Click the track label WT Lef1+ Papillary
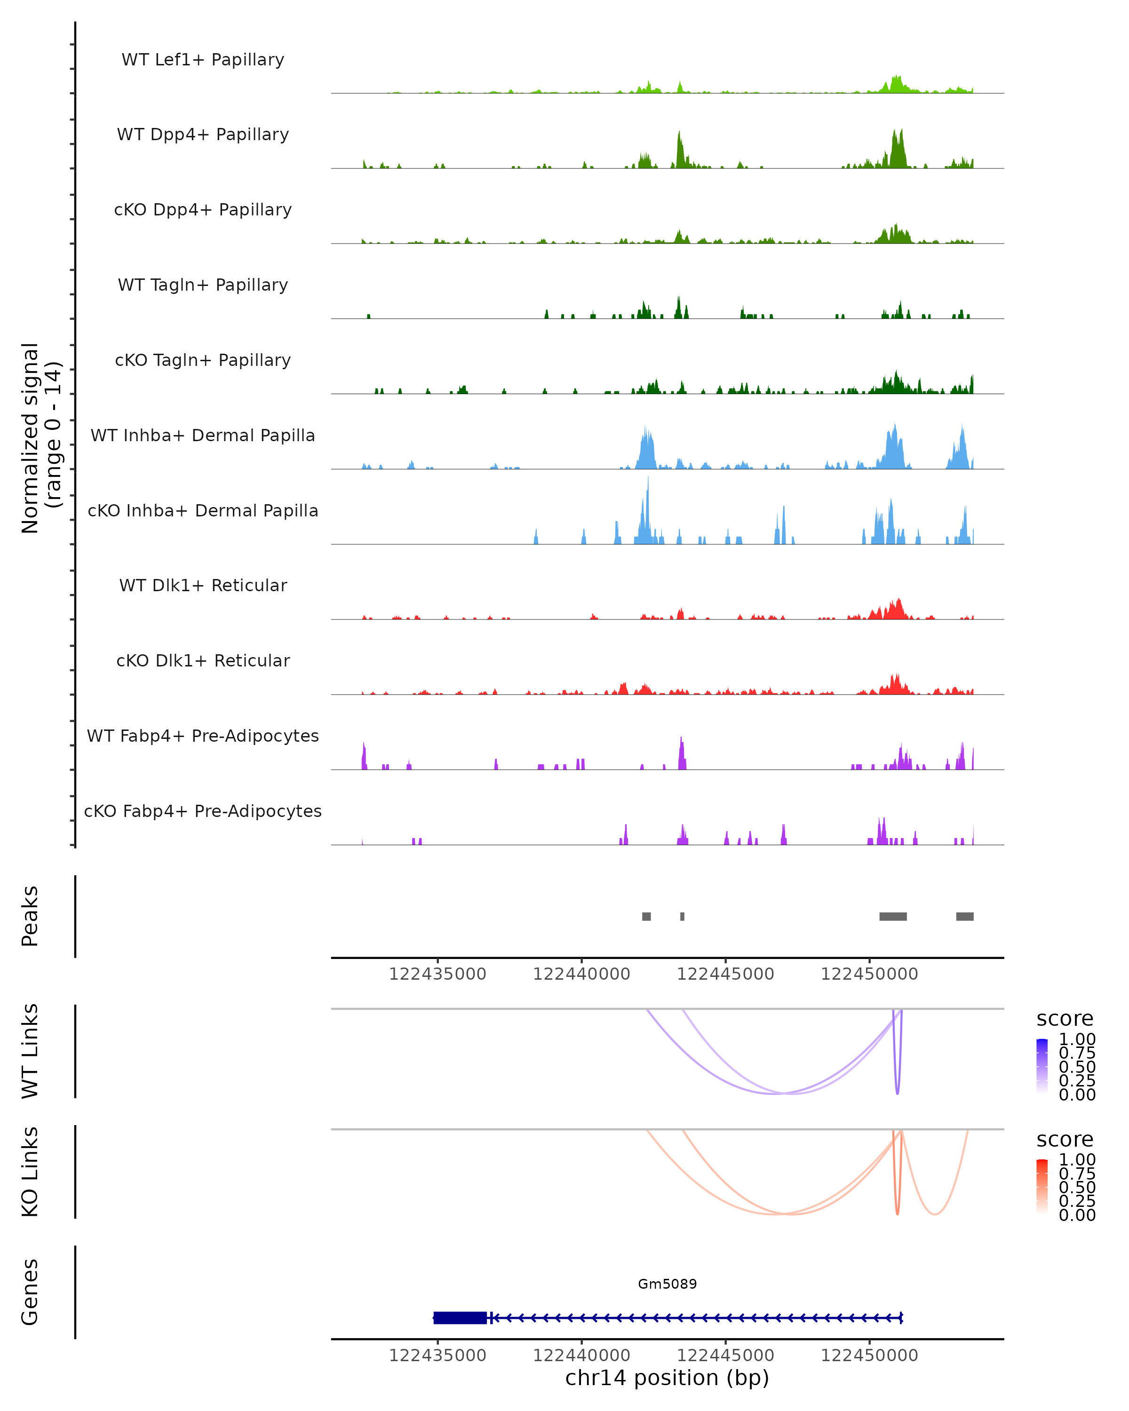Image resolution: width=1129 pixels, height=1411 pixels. tap(203, 60)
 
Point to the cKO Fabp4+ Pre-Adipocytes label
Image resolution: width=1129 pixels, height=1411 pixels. tap(203, 811)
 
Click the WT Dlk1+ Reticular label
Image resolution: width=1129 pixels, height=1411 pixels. tap(203, 585)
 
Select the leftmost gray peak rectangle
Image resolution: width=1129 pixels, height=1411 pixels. tap(646, 916)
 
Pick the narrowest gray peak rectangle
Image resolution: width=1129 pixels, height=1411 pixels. tap(682, 916)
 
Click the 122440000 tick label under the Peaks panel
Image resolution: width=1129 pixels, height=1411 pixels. tap(581, 974)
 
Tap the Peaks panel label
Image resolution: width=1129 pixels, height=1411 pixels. tap(30, 916)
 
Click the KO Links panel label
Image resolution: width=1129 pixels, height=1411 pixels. tap(30, 1172)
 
